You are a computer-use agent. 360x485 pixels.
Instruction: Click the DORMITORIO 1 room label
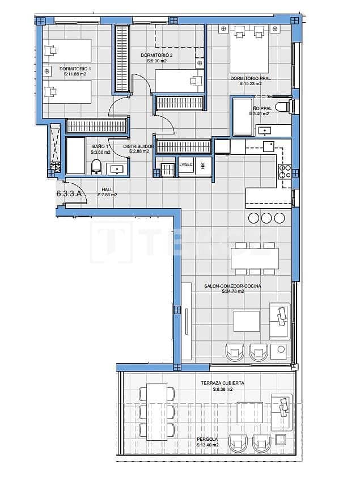[x=75, y=69]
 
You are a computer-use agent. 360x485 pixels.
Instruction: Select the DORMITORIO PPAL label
[x=249, y=78]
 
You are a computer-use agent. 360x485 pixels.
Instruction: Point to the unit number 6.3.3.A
[x=69, y=193]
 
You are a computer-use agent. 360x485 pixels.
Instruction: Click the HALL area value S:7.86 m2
[x=107, y=195]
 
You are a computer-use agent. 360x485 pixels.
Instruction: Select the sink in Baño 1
[x=118, y=168]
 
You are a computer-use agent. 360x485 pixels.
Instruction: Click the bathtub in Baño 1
[x=75, y=155]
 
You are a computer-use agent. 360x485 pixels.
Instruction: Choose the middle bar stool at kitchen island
[x=267, y=218]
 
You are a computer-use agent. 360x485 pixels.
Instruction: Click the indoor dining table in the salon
[x=255, y=258]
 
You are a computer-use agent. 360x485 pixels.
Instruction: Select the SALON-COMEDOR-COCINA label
[x=232, y=286]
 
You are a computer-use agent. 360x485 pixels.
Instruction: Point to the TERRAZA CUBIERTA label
[x=222, y=383]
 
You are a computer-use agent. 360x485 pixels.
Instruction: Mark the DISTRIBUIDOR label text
[x=139, y=146]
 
